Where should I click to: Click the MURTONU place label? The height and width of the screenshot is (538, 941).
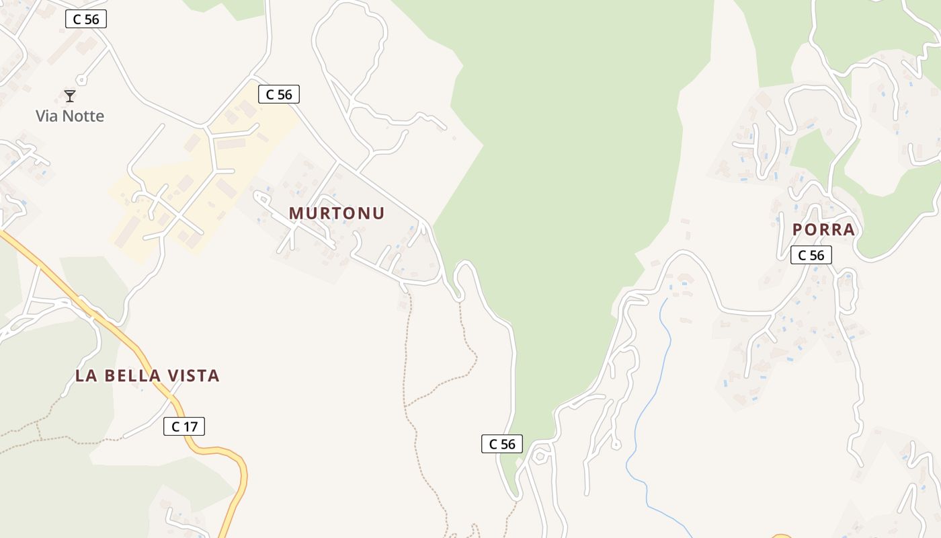(x=336, y=213)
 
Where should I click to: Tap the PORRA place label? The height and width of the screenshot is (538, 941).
(x=823, y=229)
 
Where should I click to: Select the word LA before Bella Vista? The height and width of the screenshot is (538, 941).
(x=85, y=376)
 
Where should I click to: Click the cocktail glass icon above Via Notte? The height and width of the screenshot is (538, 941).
(x=70, y=96)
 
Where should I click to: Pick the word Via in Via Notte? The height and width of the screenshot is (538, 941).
(x=46, y=116)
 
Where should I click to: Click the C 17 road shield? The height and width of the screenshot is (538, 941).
(x=184, y=426)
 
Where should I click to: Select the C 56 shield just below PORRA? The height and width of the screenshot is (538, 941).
(x=811, y=256)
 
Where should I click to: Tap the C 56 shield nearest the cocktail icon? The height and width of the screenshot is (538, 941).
(x=86, y=19)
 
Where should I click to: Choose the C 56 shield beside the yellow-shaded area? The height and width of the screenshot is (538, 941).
(x=279, y=95)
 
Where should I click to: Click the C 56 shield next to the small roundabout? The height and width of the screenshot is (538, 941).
(x=502, y=444)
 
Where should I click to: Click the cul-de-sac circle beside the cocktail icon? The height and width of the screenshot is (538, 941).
(x=81, y=80)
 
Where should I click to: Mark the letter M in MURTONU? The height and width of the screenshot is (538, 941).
(x=296, y=213)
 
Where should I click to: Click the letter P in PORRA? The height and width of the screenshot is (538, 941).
(x=798, y=229)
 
